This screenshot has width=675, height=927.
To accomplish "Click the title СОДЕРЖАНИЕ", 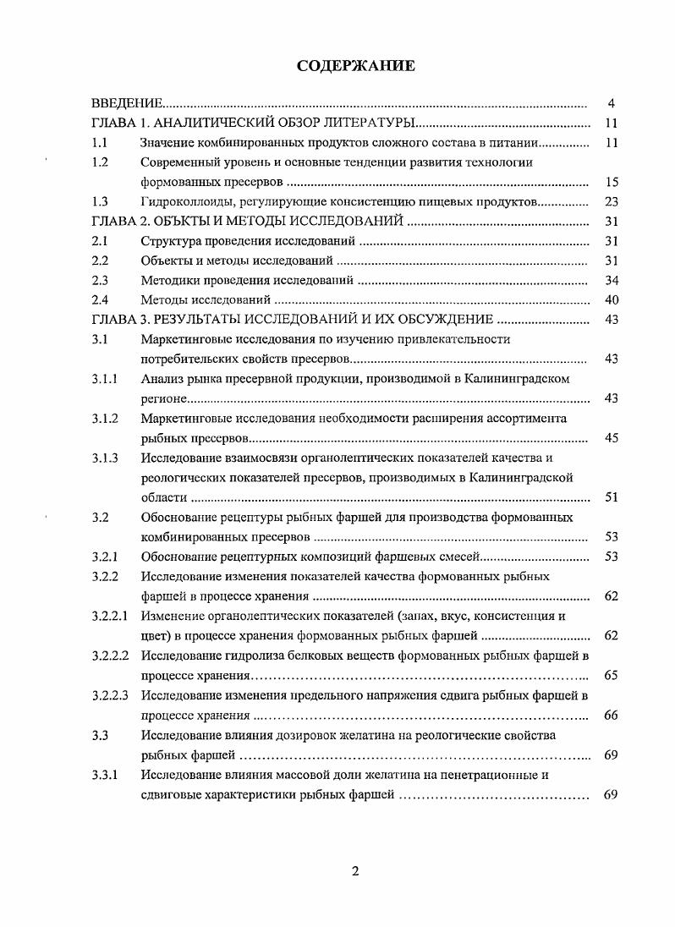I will [355, 66].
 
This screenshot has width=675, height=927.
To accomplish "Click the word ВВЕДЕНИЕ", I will [127, 104].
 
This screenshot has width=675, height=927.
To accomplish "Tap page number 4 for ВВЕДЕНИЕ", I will [611, 104].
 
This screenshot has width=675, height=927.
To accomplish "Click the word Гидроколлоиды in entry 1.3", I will [183, 202].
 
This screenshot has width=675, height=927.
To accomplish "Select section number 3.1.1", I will [104, 379].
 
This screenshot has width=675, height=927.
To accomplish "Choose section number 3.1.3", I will [104, 458].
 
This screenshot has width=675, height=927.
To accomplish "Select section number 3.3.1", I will [104, 774].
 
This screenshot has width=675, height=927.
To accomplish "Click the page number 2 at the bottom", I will [355, 872].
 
